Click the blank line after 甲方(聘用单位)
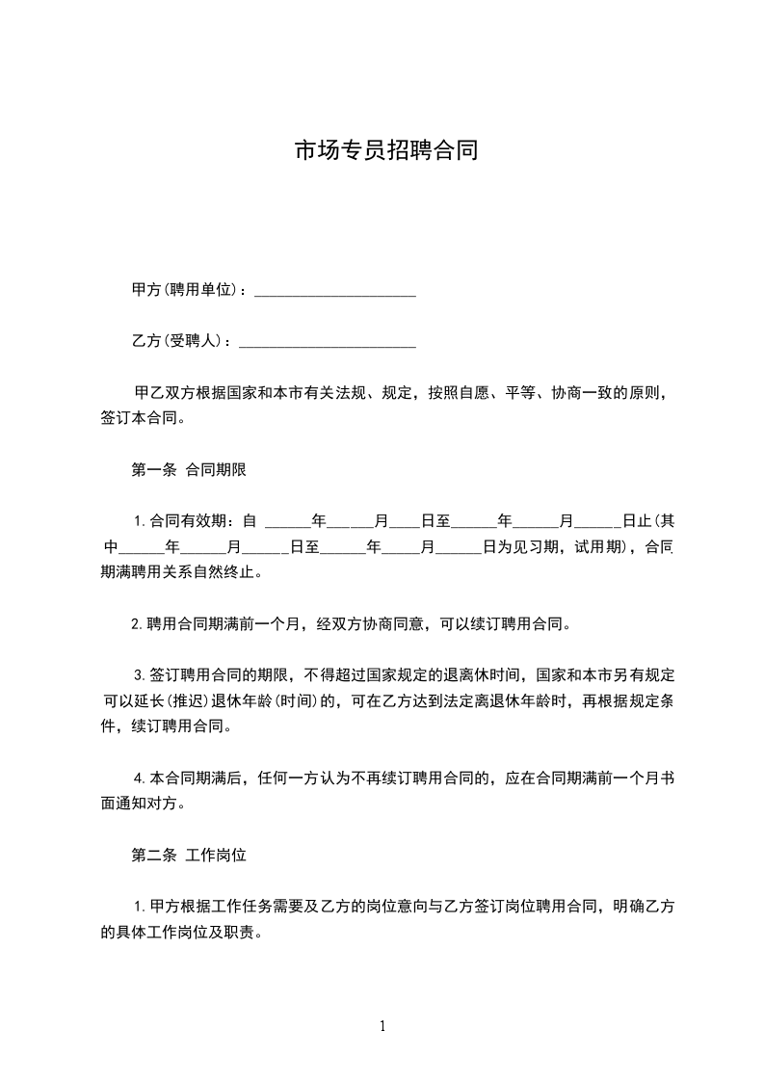[x=334, y=292]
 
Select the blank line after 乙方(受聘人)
[x=327, y=342]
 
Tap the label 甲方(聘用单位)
[x=183, y=291]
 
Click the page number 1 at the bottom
[x=382, y=1026]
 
